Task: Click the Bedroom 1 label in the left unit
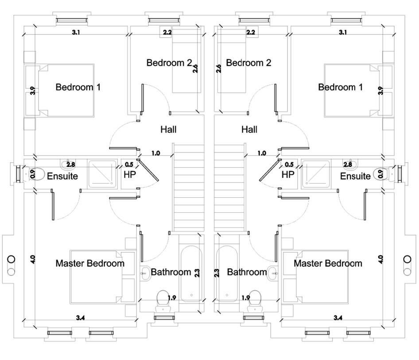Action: coord(78,87)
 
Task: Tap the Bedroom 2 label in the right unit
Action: coord(248,63)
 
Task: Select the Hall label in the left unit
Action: coord(168,130)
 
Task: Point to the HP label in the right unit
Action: coord(288,175)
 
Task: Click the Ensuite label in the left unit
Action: coord(62,176)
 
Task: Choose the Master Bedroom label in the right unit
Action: coord(328,263)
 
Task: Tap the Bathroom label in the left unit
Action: coord(171,272)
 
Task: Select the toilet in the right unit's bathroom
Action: coord(255,299)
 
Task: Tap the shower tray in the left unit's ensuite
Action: coord(101,173)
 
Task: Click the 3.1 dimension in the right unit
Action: coord(342,32)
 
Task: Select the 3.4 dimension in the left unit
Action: coord(80,317)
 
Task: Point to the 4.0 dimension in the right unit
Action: coord(380,258)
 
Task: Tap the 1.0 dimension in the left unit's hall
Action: coord(155,153)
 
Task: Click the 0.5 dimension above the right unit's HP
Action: coord(290,164)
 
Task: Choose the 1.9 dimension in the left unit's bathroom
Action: coord(172,298)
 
